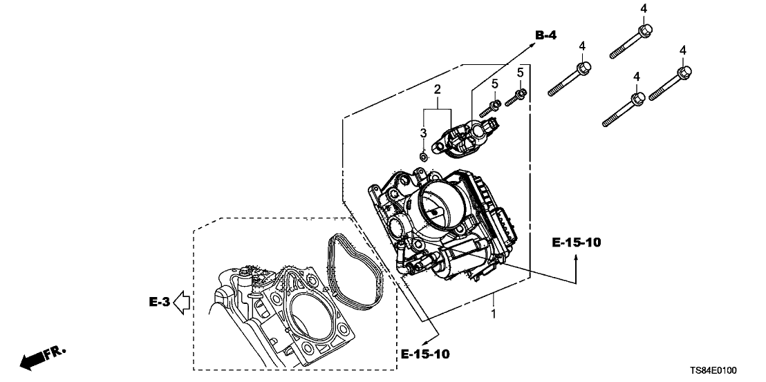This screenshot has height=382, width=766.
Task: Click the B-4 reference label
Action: (545, 35)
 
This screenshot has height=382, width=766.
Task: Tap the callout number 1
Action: (493, 314)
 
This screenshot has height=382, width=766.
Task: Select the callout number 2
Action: (437, 90)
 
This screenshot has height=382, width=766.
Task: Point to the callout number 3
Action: (423, 133)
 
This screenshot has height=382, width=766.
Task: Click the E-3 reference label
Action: (158, 301)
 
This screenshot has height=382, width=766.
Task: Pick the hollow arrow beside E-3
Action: (182, 302)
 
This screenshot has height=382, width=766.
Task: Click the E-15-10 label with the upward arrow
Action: (577, 242)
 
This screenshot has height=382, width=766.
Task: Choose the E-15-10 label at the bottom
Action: (425, 354)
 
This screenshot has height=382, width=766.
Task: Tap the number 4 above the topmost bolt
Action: (644, 8)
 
